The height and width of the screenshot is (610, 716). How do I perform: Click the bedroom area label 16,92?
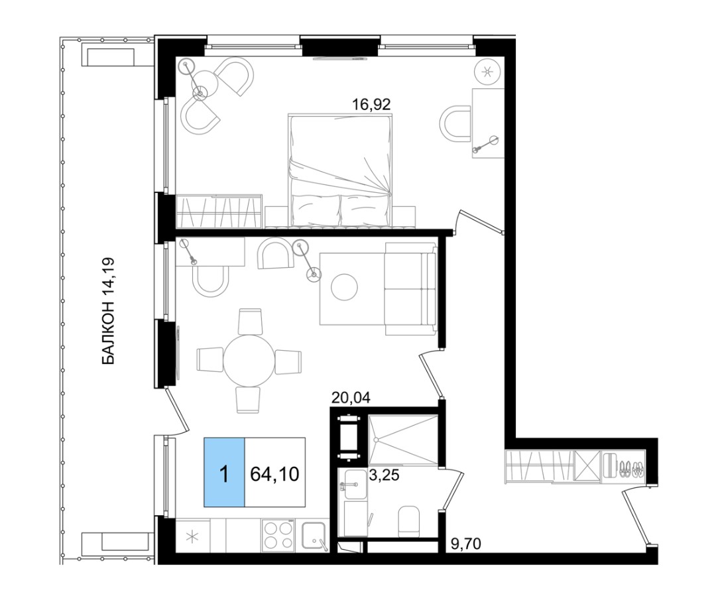click(x=371, y=105)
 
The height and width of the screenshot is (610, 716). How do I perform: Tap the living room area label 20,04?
click(x=351, y=398)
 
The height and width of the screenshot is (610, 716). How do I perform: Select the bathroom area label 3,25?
click(x=384, y=475)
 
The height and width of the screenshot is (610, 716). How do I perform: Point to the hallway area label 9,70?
click(x=466, y=544)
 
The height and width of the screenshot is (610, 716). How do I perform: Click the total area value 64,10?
click(x=274, y=474)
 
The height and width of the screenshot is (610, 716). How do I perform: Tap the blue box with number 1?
click(x=224, y=472)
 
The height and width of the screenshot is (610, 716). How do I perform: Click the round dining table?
click(x=249, y=361)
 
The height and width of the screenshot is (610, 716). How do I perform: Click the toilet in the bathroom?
click(x=408, y=521)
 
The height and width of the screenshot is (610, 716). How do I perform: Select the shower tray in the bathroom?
click(x=402, y=440)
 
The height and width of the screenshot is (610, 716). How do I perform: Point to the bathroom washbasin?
click(x=355, y=484)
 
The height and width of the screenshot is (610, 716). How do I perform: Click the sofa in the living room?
click(x=410, y=288)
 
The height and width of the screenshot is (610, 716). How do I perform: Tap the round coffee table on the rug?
click(x=344, y=287)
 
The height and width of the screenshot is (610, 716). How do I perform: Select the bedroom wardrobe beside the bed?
click(x=219, y=211)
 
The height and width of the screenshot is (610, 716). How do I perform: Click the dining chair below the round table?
click(x=248, y=400)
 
